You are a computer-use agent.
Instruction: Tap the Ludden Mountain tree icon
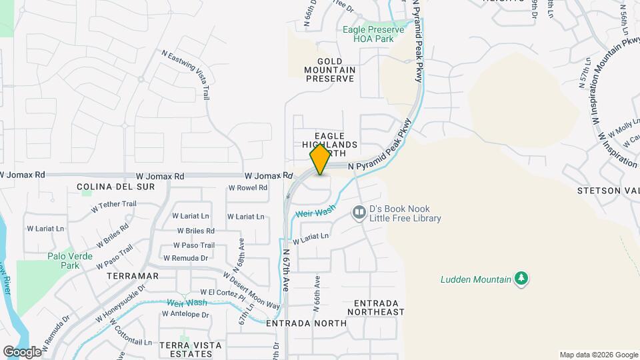(x=522, y=279)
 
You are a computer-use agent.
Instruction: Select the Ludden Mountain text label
(x=475, y=279)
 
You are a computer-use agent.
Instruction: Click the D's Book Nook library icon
(x=359, y=212)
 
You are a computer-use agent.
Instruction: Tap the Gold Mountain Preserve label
(x=329, y=69)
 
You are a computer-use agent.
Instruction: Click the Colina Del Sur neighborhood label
(x=116, y=187)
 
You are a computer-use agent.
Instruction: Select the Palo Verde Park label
(x=63, y=261)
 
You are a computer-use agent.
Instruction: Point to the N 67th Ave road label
(x=285, y=270)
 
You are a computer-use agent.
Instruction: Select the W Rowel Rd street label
(x=247, y=188)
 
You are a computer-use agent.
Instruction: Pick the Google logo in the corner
(x=22, y=351)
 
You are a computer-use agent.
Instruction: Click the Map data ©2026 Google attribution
(x=599, y=355)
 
